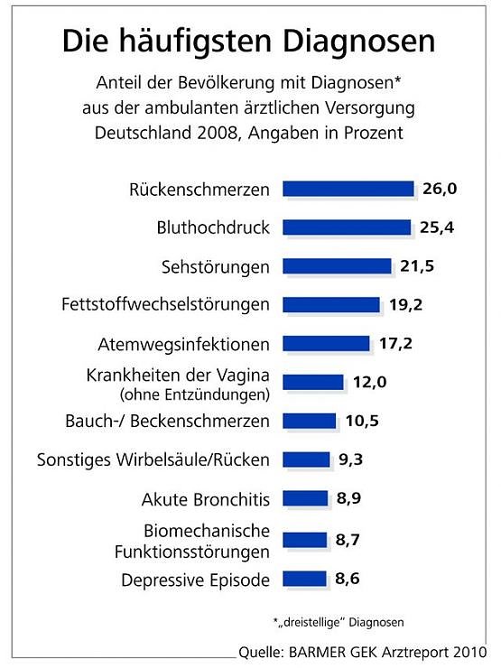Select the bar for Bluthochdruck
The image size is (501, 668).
346,227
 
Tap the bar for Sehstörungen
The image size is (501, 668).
337,265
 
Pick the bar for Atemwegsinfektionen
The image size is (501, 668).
326,343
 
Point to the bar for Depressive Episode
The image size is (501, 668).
304,578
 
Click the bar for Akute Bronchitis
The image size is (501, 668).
305,498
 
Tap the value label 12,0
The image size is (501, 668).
370,382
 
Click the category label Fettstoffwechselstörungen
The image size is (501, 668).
165,304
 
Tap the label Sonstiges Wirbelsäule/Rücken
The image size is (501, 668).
153,459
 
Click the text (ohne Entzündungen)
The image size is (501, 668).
193,394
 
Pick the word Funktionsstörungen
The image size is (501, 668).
196,551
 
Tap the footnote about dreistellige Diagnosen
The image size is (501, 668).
338,622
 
